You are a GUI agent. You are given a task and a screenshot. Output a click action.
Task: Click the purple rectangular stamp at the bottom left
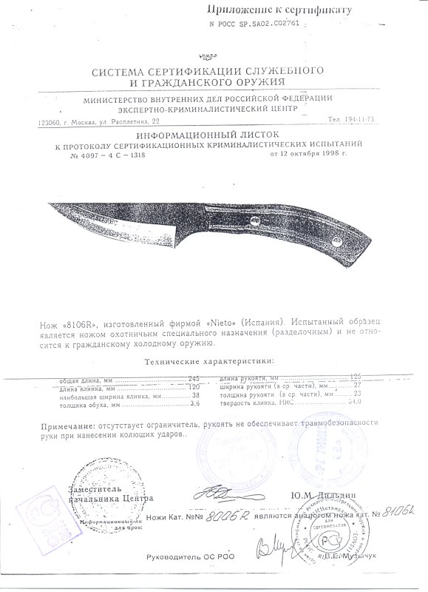tap(34, 519)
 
